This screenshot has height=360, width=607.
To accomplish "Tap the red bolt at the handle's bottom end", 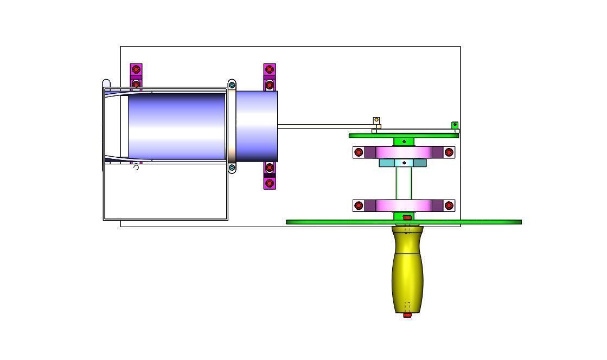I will pos(407,314).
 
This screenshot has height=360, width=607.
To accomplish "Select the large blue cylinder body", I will pos(176,126).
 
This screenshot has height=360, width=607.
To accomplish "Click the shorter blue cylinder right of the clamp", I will pos(257,126).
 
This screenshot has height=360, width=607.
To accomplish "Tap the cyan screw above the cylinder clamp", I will pos(232,85).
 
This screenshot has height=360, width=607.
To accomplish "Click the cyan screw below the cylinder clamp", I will pos(232,168).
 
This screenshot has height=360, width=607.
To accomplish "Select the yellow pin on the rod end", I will pos(376,120).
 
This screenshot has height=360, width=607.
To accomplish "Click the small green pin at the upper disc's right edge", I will pos(455,125).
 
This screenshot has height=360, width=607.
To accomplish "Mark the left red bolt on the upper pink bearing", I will pos(359,152).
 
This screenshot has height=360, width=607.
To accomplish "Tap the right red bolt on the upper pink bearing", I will pos(449,152).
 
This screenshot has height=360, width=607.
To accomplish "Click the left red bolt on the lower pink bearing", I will pos(359,205).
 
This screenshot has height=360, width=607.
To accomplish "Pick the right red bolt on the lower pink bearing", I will pos(449,205).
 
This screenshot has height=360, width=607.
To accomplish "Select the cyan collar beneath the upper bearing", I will pos(402,163).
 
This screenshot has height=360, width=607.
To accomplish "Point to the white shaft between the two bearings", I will pos(404,183).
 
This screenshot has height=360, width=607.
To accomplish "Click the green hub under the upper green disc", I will pos(404,142).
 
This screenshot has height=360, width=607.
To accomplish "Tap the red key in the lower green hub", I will pos(407,218).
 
